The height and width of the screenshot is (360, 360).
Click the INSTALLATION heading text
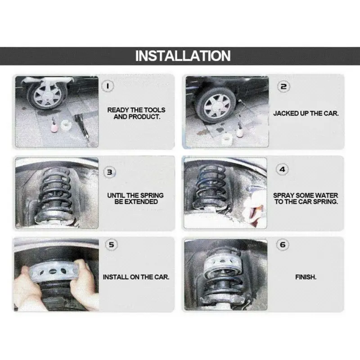tap(183, 56)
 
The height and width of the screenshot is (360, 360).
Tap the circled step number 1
tap(108, 86)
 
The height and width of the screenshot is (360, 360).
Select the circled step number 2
tap(284, 86)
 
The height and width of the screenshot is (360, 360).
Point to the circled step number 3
tap(110, 172)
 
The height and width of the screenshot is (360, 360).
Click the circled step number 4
tap(282, 170)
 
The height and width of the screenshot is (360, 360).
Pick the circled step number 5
tap(111, 244)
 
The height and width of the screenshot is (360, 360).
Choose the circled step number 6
tap(283, 245)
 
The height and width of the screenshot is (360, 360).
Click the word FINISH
tap(306, 277)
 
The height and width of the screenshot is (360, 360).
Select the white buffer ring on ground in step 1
tap(66, 125)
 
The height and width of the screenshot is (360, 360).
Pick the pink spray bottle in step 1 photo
tap(54, 126)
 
